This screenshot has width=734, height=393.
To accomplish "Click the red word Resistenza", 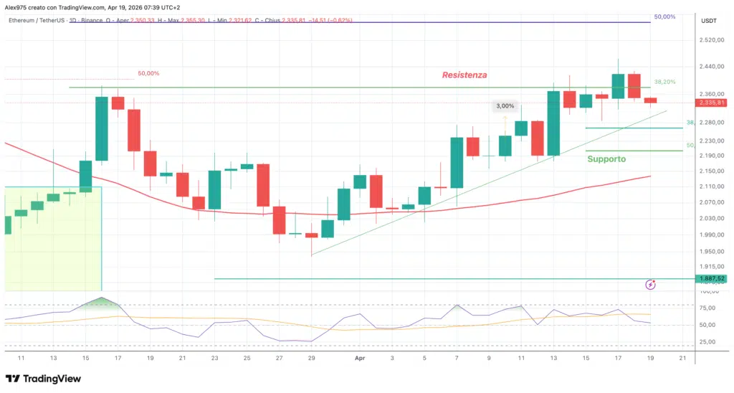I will [464, 75].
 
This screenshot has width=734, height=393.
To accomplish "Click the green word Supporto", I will [606, 158].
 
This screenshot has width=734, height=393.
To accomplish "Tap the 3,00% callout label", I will [504, 106].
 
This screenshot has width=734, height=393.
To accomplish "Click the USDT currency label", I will [710, 20].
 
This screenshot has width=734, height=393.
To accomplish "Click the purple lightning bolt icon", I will [650, 285].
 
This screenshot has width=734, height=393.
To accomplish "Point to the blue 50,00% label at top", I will [664, 16].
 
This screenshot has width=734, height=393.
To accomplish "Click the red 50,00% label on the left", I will [148, 73].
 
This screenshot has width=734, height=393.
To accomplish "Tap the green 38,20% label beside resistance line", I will [664, 82].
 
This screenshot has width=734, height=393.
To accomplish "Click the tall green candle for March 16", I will [102, 128].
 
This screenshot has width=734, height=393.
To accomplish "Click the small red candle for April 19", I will [650, 100].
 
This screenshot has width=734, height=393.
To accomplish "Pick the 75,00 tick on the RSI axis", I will [709, 308].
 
